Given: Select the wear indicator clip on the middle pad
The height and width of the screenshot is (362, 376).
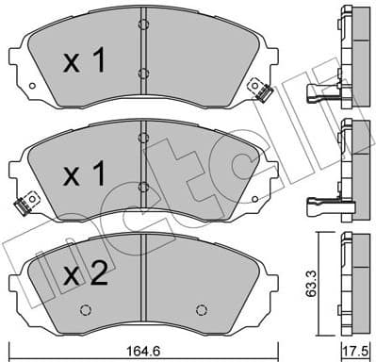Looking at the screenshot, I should (24, 200).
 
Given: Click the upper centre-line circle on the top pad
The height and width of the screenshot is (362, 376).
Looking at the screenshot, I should (141, 23).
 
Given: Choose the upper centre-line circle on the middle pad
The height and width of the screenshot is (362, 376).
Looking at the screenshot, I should (141, 137).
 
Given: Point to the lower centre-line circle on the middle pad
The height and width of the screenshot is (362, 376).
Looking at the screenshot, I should (141, 186).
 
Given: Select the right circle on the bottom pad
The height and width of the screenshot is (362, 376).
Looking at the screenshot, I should (201, 309).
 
